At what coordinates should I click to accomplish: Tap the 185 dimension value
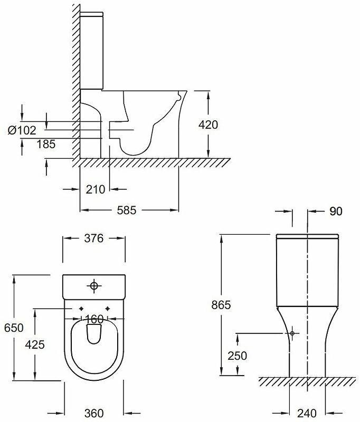click(46, 144)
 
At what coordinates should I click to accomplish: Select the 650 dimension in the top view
click(14, 328)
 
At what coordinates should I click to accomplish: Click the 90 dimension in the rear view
click(336, 212)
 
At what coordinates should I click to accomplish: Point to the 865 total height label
click(220, 304)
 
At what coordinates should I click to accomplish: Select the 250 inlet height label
click(238, 356)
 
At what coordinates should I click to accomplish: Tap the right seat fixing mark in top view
click(108, 309)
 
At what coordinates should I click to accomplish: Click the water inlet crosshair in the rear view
click(292, 333)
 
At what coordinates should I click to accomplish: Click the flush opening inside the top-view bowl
click(94, 334)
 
